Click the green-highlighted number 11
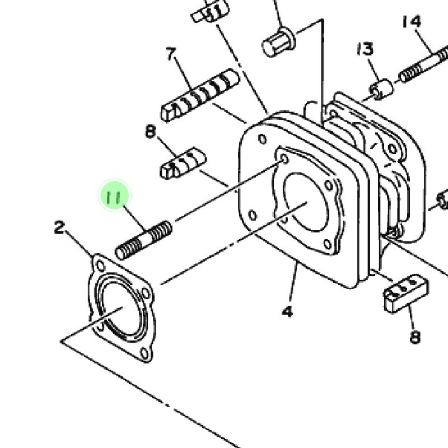(114, 197)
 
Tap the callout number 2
(60, 228)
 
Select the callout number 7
(171, 54)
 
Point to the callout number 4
(287, 311)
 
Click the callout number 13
(366, 49)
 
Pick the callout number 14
(412, 21)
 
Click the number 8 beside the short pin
(151, 132)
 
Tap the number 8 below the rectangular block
(415, 337)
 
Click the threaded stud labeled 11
(143, 241)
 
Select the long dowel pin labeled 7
(200, 95)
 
